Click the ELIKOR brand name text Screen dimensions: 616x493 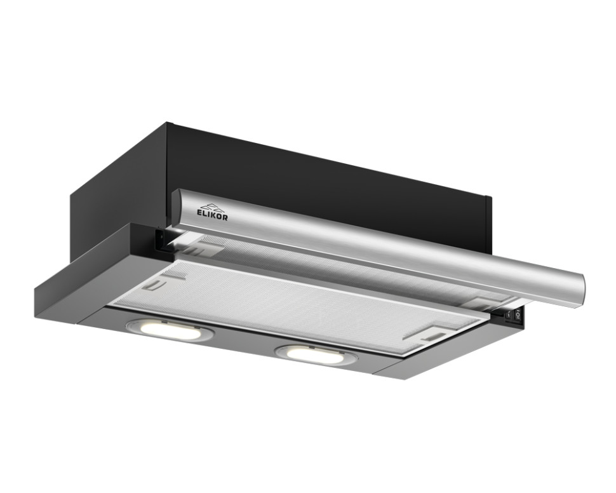coord(211,214)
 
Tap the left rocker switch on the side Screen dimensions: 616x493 coord(509,314)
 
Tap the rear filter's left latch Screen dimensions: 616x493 coord(205,247)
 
